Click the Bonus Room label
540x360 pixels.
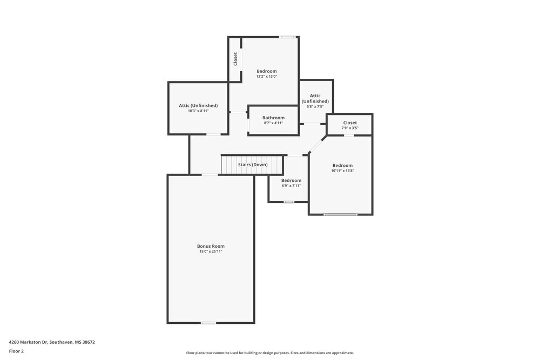click(211, 246)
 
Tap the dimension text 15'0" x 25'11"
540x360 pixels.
click(211, 252)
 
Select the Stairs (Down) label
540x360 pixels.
click(253, 165)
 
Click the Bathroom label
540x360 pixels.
click(273, 118)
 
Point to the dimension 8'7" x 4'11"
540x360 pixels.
click(273, 123)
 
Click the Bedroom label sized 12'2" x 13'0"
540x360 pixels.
click(266, 71)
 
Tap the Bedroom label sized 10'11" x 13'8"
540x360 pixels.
click(342, 166)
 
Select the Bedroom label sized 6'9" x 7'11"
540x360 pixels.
click(291, 180)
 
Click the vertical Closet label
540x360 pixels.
click(235, 59)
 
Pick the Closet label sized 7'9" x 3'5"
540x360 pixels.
click(350, 123)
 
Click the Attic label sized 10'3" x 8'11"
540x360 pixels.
click(198, 105)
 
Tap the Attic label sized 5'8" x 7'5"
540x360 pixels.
click(315, 98)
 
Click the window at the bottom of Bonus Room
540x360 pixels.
click(208, 323)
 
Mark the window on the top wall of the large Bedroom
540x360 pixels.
click(287, 37)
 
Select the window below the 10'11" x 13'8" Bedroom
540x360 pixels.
click(340, 214)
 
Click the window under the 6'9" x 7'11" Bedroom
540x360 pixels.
click(289, 202)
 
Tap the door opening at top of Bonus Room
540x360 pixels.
click(210, 174)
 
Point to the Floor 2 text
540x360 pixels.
click(16, 351)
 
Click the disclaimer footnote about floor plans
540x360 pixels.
click(270, 353)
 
